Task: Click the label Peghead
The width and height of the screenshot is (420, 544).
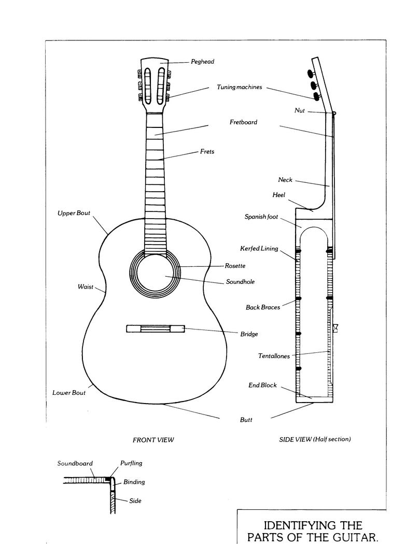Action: click(202, 62)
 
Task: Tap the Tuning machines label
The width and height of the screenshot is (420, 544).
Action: click(239, 87)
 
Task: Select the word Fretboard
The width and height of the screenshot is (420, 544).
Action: click(243, 122)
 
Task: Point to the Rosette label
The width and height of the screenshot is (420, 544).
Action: click(235, 266)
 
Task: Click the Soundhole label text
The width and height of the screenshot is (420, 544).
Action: click(240, 282)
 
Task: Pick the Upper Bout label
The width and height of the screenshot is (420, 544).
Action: click(74, 213)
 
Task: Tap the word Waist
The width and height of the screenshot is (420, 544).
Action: click(86, 287)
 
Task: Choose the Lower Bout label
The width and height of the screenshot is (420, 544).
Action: click(69, 393)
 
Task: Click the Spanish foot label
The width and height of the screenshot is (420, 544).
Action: click(261, 217)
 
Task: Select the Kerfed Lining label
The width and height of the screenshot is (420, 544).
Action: click(259, 248)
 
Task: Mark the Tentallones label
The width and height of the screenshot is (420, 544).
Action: click(274, 356)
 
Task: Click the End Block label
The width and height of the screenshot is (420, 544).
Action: click(262, 385)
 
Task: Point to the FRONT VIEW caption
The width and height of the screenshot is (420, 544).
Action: click(153, 440)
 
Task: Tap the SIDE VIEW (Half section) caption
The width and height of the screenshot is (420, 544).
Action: click(315, 439)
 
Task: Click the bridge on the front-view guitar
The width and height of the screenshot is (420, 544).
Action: click(156, 328)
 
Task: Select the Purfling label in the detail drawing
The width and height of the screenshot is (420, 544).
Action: click(131, 463)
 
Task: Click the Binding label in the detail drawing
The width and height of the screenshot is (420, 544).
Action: click(134, 482)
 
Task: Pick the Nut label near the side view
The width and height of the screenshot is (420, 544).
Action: click(300, 110)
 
